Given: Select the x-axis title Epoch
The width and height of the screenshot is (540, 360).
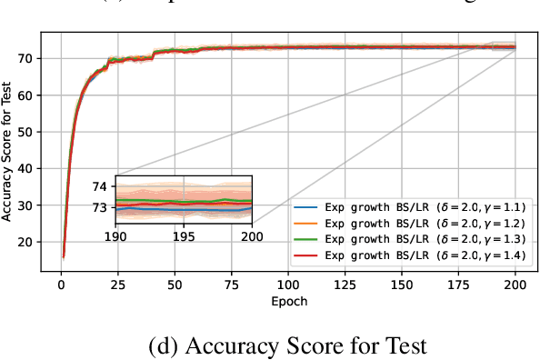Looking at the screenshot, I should click(x=288, y=299).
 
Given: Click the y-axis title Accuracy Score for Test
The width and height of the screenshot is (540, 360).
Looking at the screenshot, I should click(x=8, y=150).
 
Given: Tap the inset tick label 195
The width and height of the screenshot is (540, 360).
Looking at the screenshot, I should click(x=184, y=236).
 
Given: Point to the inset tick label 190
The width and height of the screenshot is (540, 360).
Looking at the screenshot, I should click(x=116, y=236).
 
